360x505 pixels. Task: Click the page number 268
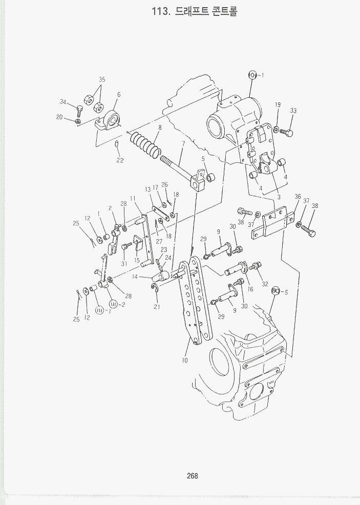(x=192, y=476)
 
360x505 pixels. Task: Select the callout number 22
(x=120, y=160)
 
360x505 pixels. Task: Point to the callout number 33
(x=293, y=111)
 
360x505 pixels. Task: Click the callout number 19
(x=278, y=105)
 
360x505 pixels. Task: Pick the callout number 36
(x=298, y=197)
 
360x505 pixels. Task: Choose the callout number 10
(x=184, y=360)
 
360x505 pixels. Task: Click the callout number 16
(x=249, y=289)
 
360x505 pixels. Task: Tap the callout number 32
(x=264, y=284)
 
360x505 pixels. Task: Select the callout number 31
(x=124, y=264)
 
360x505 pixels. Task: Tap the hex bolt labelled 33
(x=288, y=133)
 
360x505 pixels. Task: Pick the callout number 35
(x=102, y=79)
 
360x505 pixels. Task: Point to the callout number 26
(x=164, y=184)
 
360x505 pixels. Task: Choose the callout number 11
(x=132, y=198)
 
